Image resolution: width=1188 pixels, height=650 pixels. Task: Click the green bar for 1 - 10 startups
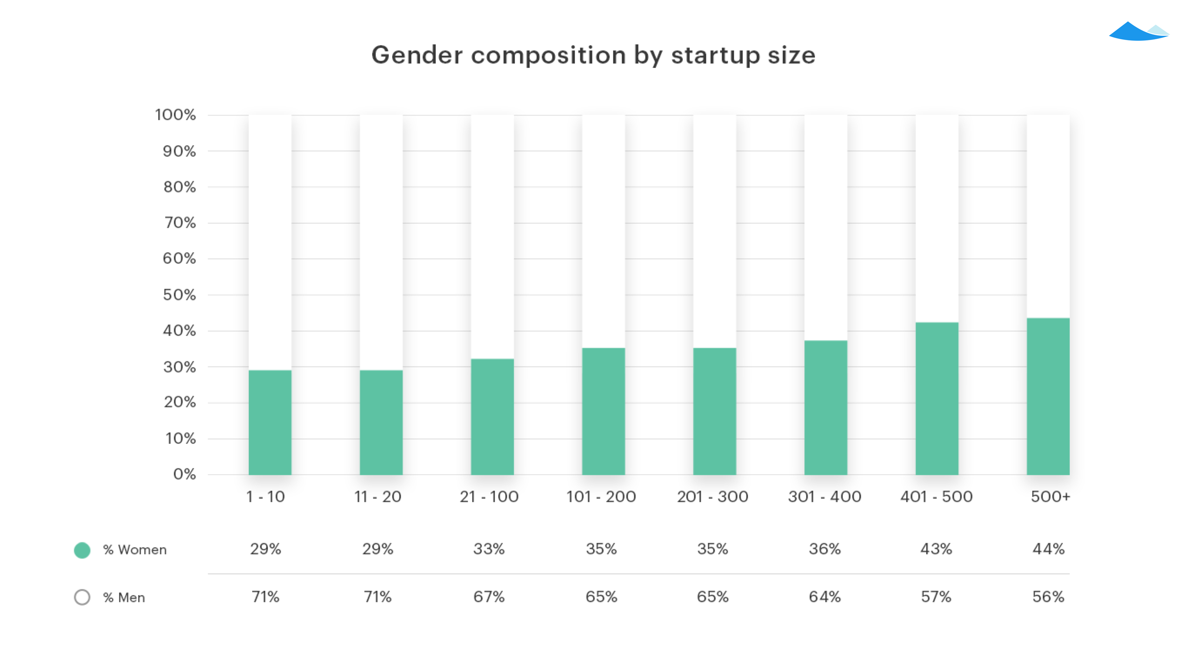pyautogui.click(x=270, y=422)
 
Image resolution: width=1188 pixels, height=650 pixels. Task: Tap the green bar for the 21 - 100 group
pyautogui.click(x=492, y=416)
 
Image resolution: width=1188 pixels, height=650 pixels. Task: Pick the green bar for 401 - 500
pyautogui.click(x=937, y=398)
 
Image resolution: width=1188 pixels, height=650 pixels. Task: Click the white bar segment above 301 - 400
pyautogui.click(x=825, y=228)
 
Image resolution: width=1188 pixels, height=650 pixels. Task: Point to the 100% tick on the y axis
pyautogui.click(x=175, y=115)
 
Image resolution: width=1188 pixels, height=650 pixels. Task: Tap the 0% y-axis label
pyautogui.click(x=184, y=474)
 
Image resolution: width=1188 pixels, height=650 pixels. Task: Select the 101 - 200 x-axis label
pyautogui.click(x=601, y=497)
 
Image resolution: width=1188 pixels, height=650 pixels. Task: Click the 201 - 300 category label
pyautogui.click(x=713, y=497)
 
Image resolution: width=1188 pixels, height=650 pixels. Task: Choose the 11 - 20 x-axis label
pyautogui.click(x=378, y=497)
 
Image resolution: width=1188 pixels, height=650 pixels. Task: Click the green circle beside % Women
pyautogui.click(x=82, y=550)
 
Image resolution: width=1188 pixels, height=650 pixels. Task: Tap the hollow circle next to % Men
pyautogui.click(x=82, y=597)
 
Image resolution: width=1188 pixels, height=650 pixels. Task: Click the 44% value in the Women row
pyautogui.click(x=1048, y=549)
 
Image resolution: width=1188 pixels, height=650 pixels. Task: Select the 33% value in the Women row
pyautogui.click(x=489, y=549)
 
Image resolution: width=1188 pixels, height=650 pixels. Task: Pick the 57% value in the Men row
pyautogui.click(x=936, y=597)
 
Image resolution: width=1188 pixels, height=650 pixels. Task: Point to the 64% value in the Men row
pyautogui.click(x=824, y=597)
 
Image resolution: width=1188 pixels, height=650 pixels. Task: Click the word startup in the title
pyautogui.click(x=715, y=56)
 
